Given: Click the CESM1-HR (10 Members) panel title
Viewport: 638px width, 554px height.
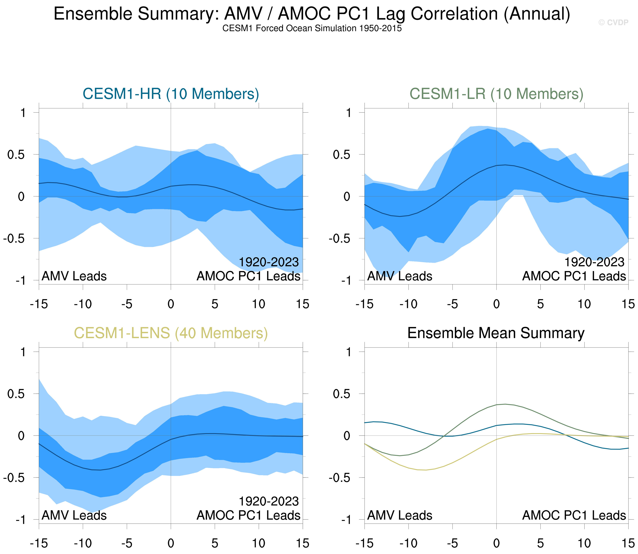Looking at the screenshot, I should (171, 94).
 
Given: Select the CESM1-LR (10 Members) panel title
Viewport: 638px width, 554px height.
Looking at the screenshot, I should (496, 94).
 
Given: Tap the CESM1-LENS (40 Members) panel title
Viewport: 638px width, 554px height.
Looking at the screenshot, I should (171, 333).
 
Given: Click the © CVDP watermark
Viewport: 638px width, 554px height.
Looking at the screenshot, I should (613, 23).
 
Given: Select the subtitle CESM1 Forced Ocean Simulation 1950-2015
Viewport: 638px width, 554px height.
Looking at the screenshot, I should (312, 28).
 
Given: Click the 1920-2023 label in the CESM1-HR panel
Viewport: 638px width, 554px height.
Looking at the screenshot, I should (269, 262).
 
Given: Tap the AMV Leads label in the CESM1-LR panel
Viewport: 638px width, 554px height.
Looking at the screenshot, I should (400, 276).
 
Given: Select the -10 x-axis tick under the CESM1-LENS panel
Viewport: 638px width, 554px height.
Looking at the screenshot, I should (83, 543).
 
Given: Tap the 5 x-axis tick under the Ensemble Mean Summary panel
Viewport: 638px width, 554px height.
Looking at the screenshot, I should (540, 543).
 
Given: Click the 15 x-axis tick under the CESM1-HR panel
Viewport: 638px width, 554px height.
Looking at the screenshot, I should (303, 304).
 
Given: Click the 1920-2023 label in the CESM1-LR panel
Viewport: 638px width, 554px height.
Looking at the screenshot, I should (594, 262).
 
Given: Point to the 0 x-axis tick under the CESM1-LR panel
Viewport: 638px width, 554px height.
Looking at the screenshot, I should (496, 304).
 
